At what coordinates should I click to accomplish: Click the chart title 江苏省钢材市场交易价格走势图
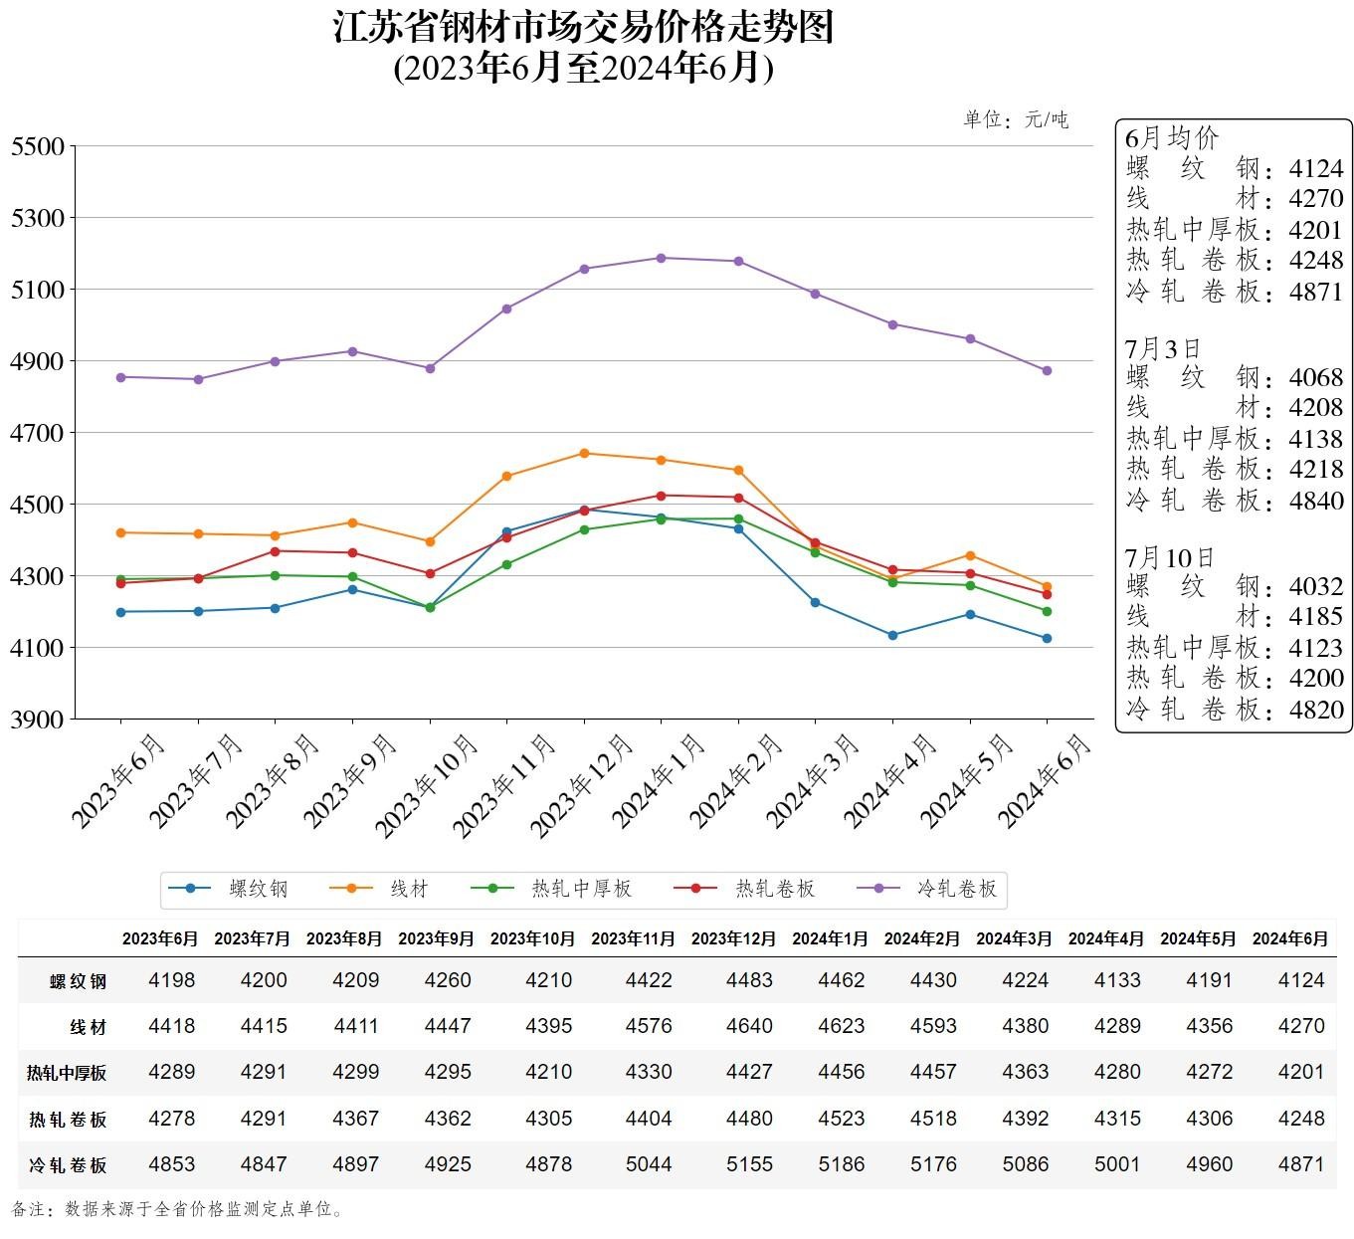tap(583, 27)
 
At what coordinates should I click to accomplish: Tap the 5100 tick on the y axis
tap(37, 290)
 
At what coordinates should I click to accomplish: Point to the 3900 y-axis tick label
tap(37, 720)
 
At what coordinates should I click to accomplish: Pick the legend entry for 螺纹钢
tap(228, 889)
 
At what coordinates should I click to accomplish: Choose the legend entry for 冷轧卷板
tap(929, 889)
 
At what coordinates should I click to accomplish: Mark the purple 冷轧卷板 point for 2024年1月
tap(661, 258)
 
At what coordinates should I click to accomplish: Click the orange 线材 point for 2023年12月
tap(584, 454)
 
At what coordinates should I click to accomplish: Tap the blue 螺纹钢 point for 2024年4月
tap(892, 635)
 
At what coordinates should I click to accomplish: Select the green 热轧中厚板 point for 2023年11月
tap(506, 564)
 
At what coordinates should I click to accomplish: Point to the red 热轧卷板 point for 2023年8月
tap(276, 551)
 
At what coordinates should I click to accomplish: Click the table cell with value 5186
tap(841, 1164)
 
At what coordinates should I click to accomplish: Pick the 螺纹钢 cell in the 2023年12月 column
tap(749, 980)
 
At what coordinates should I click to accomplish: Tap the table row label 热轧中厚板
tap(67, 1073)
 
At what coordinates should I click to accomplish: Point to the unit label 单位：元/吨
tap(1015, 119)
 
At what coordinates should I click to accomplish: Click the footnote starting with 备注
tap(179, 1210)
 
